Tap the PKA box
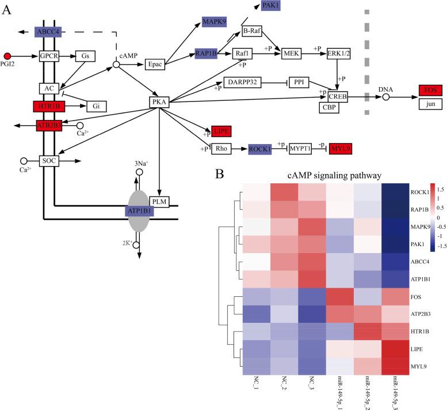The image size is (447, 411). [159, 102]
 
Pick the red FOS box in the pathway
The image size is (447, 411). [431, 91]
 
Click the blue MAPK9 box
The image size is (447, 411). [213, 22]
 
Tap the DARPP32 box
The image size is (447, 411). [243, 83]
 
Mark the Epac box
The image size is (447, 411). [156, 63]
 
